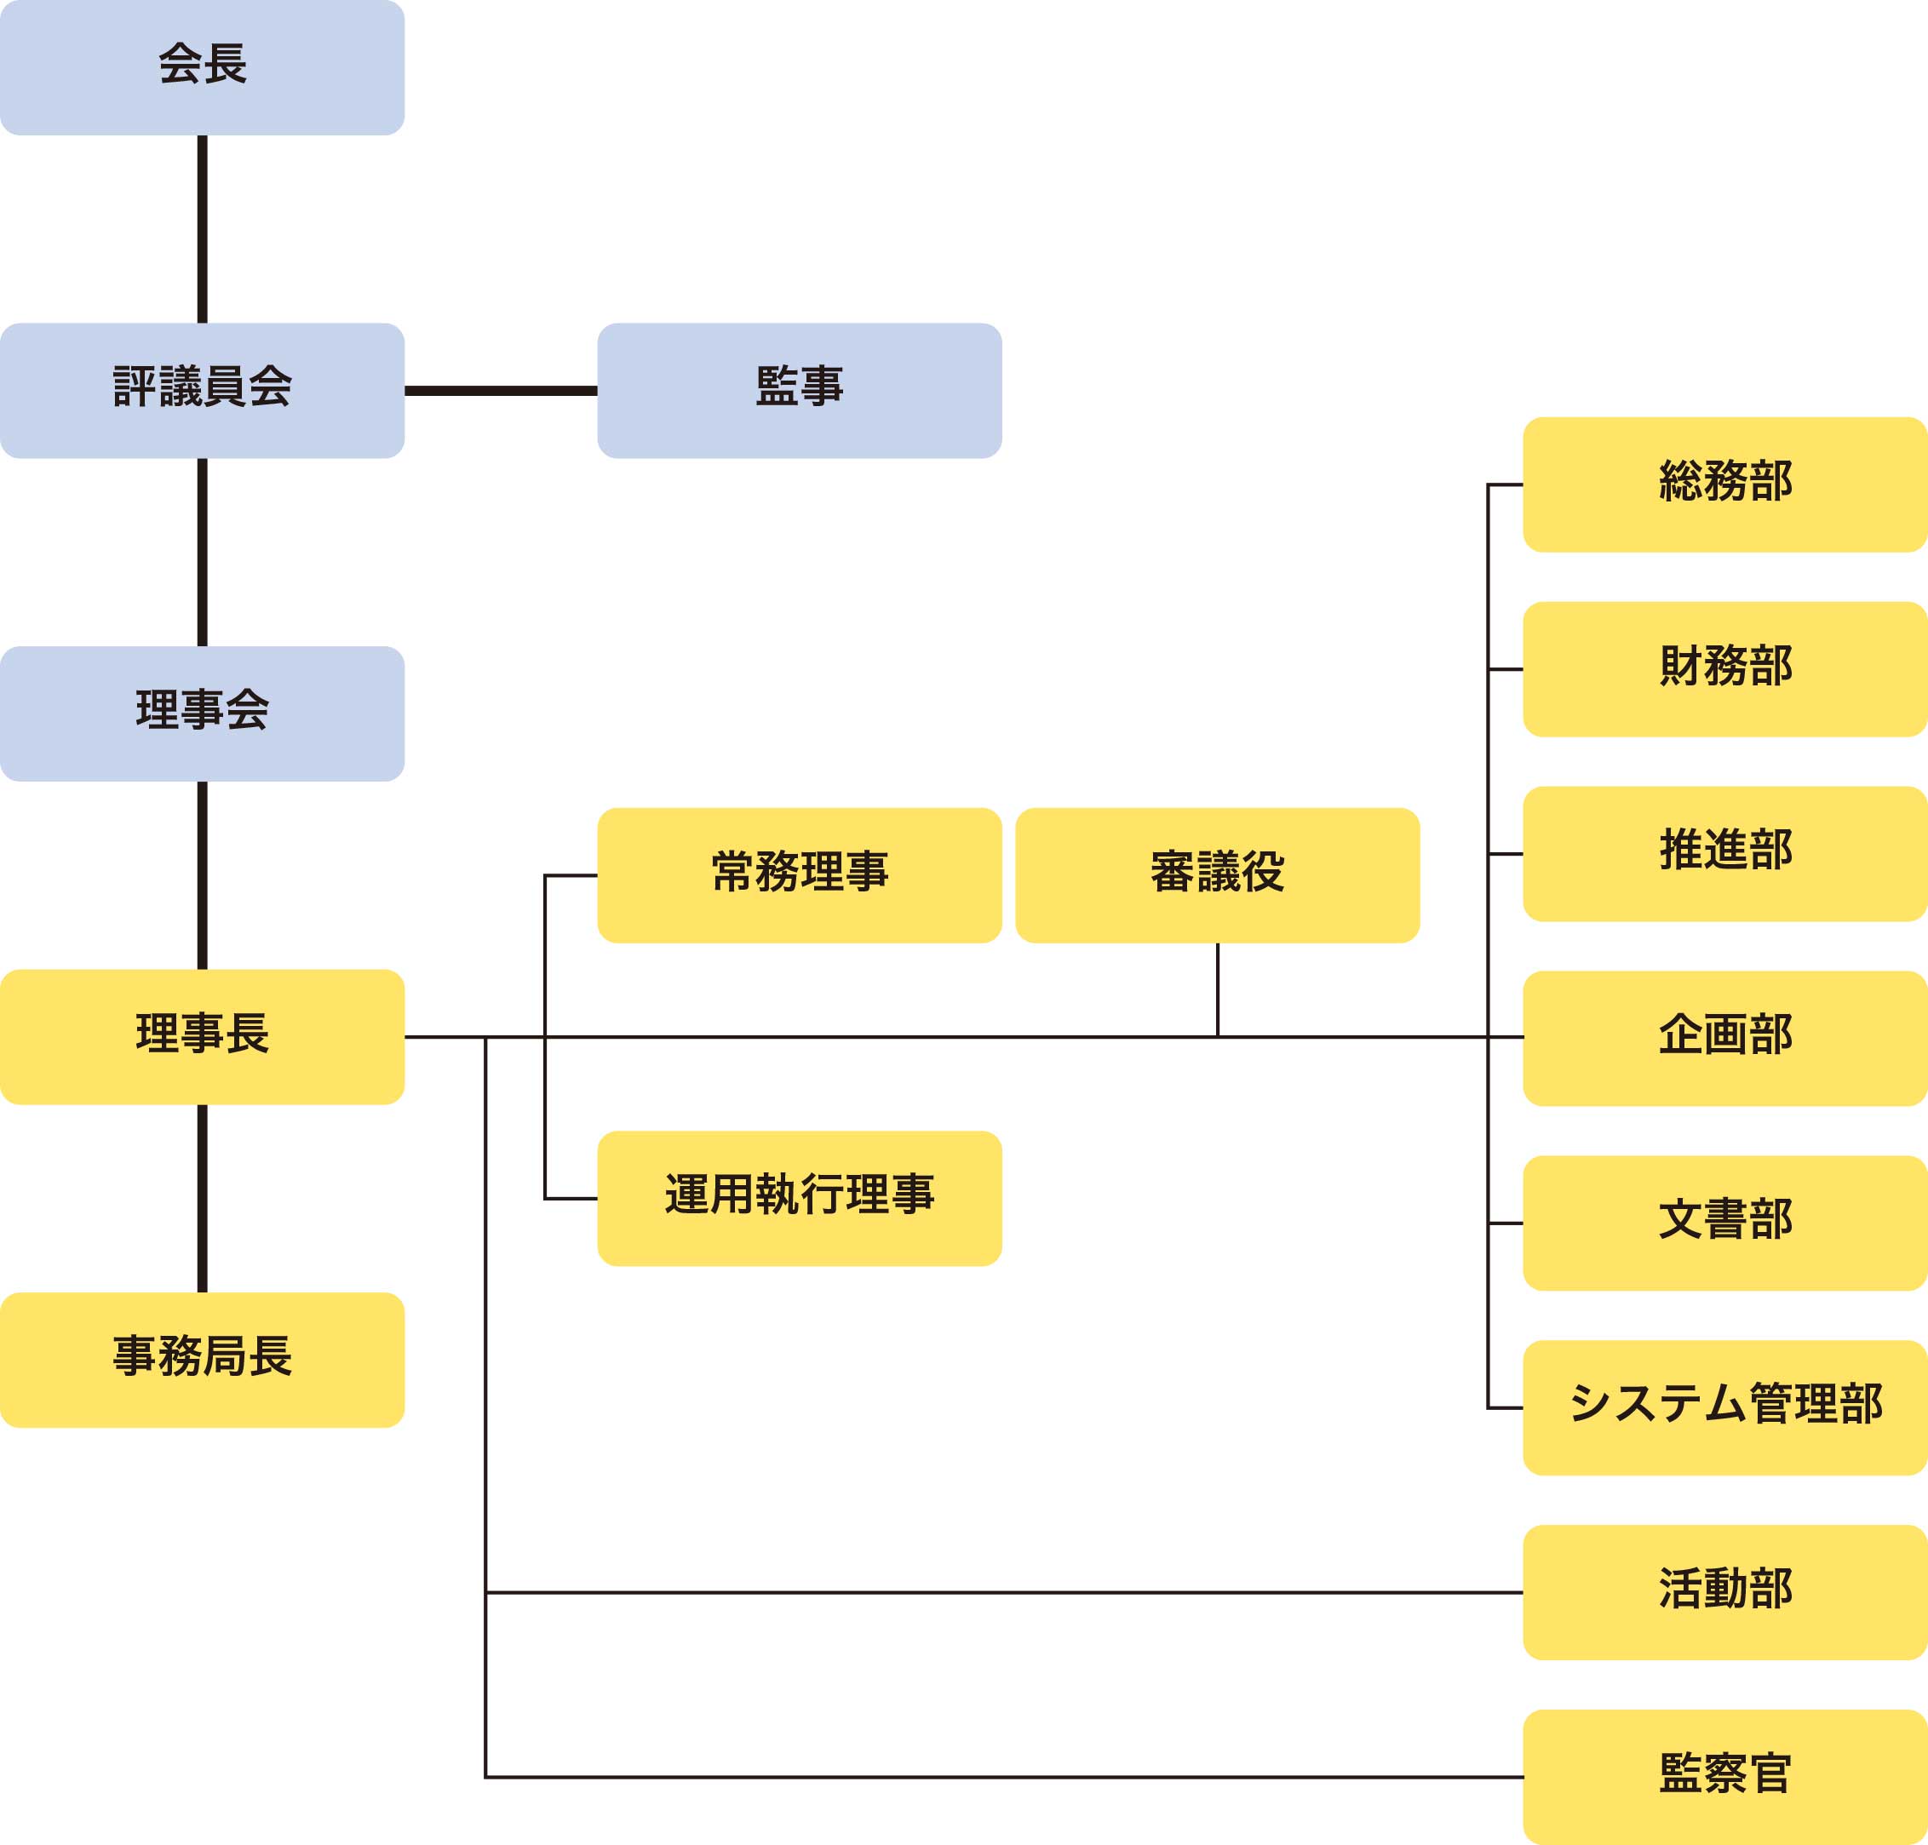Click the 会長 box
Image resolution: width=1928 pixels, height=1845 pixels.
click(x=202, y=67)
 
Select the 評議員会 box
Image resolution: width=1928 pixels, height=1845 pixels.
click(x=202, y=389)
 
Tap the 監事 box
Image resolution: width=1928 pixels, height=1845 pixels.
click(x=799, y=389)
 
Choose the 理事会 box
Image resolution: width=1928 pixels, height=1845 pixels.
click(x=202, y=713)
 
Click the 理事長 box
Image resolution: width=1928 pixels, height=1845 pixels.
click(x=202, y=1035)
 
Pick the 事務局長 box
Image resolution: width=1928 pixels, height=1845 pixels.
click(x=202, y=1359)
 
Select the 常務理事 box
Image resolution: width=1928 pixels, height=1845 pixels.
click(x=799, y=874)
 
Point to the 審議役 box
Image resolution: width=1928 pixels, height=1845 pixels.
click(x=1217, y=874)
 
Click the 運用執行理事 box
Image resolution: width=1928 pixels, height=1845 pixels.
click(x=799, y=1198)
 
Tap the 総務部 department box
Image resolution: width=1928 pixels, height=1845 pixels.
click(x=1724, y=484)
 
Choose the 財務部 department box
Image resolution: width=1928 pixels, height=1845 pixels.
click(x=1724, y=668)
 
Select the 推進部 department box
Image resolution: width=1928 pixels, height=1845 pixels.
click(x=1724, y=852)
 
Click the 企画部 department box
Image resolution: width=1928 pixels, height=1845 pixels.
click(x=1724, y=1038)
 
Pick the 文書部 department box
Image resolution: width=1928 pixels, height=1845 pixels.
click(x=1724, y=1223)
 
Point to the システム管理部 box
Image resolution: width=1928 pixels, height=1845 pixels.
click(x=1724, y=1407)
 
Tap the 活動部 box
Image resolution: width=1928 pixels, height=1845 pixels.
click(x=1724, y=1592)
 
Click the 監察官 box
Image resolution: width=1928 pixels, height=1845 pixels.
click(x=1724, y=1776)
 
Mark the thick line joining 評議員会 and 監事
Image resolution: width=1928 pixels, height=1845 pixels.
click(x=501, y=391)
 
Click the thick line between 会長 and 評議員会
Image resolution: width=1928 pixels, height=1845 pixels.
click(x=203, y=228)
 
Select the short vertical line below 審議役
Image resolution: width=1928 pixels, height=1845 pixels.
click(x=1218, y=988)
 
